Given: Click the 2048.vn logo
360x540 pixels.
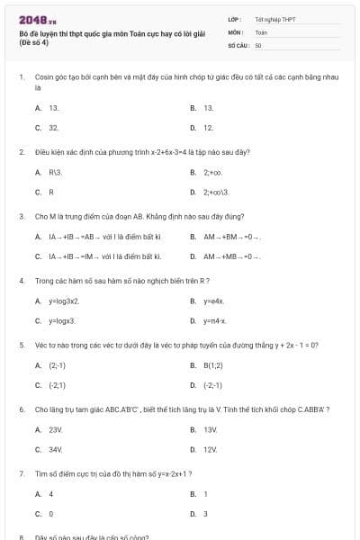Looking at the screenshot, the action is (32, 19).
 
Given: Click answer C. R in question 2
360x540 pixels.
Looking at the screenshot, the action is (45, 192).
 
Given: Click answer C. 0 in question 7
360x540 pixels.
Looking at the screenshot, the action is (45, 514).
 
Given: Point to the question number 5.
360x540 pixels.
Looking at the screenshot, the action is (22, 345).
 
